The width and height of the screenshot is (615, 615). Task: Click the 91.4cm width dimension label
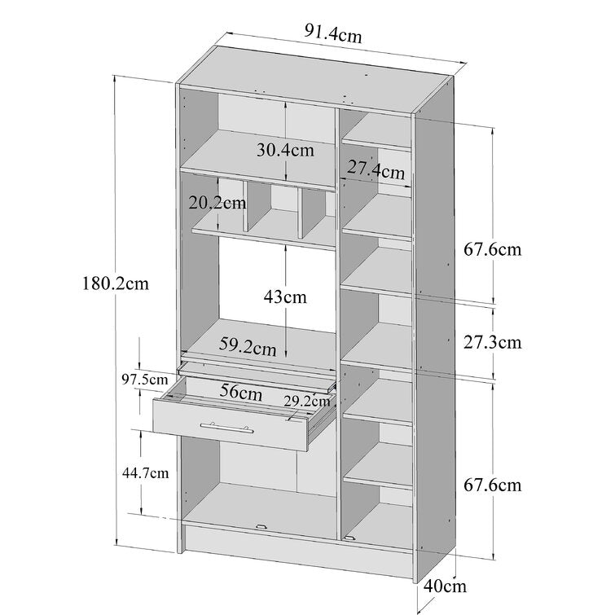[333, 33]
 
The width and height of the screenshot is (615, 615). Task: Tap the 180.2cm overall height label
[116, 283]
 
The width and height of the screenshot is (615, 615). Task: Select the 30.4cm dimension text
[285, 150]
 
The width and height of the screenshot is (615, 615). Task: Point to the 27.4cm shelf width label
[376, 170]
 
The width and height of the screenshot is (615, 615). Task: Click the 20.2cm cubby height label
[217, 203]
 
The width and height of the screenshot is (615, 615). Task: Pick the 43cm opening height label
[285, 297]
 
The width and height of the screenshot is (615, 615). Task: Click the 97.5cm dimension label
[145, 380]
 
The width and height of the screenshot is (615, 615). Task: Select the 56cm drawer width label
[241, 392]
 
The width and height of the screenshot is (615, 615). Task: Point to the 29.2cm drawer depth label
[307, 402]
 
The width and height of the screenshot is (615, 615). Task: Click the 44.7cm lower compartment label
[146, 473]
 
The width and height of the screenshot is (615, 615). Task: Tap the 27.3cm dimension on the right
[493, 342]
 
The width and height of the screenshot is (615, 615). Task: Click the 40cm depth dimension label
[446, 586]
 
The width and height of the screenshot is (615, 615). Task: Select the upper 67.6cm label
[493, 249]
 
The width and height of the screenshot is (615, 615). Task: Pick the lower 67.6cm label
[493, 485]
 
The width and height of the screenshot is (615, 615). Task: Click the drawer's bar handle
[226, 428]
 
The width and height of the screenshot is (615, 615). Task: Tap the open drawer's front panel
[231, 425]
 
